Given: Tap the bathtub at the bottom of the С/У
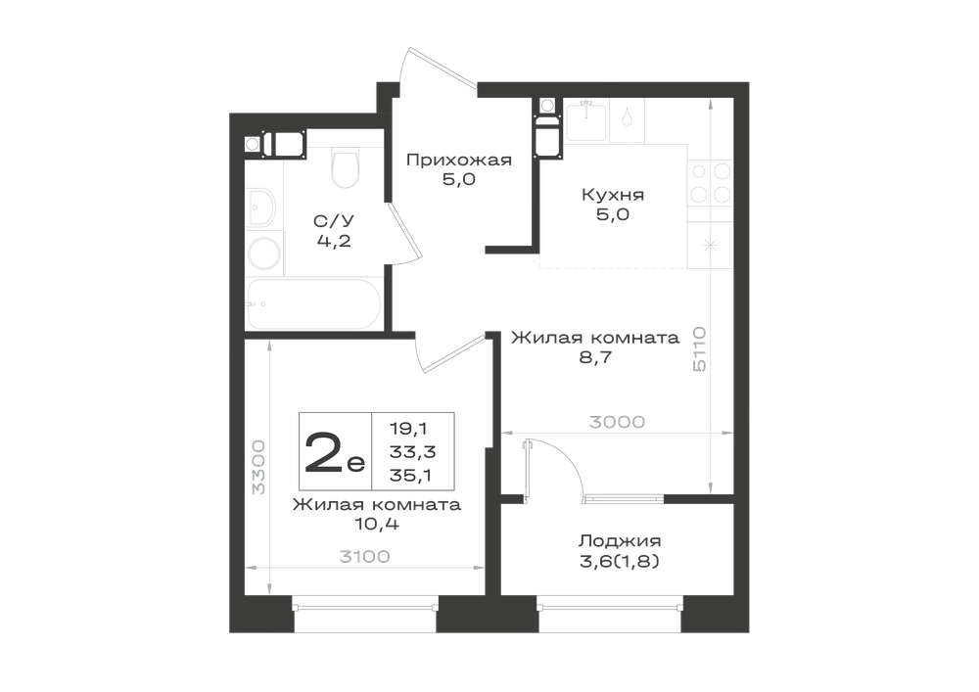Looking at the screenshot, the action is pos(313,303).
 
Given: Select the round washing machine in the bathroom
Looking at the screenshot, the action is pos(264,254).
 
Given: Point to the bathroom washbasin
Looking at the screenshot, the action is pos(261,207).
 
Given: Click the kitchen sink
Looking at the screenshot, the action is pos(585,120).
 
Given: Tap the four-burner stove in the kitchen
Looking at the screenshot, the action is pos(710,182).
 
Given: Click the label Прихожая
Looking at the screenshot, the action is pos(459,161).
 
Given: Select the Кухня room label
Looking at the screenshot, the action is pos(613,195).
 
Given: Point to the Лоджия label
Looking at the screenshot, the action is pos(620,541).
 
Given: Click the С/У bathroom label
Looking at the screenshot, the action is pos(334,221).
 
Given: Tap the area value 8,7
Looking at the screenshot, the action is pos(595,357).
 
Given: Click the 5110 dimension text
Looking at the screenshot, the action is pos(700,348).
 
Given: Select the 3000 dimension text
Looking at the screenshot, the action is pos(617,423).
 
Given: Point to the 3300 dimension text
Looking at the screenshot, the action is pos(257,467).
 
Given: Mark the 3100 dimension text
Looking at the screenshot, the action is pos(364,557).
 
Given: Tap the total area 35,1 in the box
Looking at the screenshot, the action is pos(413,476).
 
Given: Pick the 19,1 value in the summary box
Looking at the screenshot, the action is pos(408,429).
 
